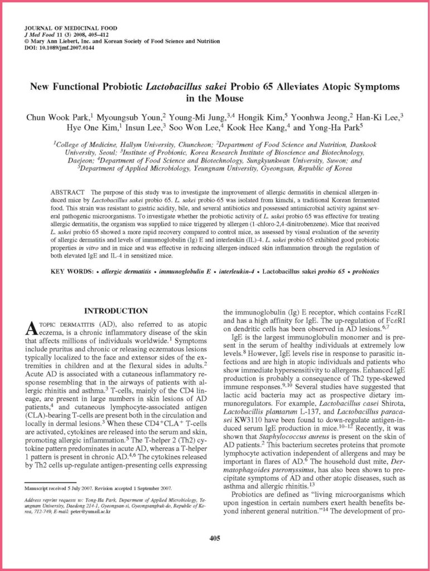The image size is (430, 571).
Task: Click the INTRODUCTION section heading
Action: (115, 311)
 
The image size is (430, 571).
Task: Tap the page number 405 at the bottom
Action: (215, 538)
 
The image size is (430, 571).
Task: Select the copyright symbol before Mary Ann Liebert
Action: (26, 41)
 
